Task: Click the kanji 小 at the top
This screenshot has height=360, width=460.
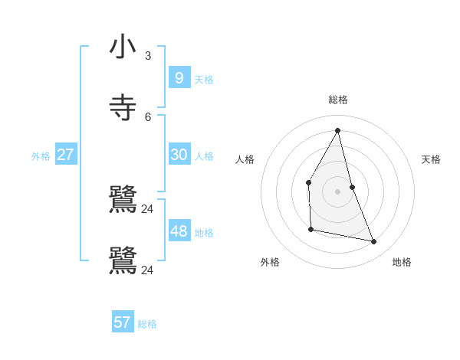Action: (123, 47)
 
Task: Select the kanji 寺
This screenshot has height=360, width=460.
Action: (123, 107)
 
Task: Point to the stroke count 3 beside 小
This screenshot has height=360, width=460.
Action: (148, 56)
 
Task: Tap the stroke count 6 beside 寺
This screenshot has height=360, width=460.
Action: (148, 116)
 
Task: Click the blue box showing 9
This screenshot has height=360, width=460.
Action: (179, 77)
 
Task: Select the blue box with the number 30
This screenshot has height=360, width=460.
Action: (179, 155)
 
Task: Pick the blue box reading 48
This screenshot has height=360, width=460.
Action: (179, 231)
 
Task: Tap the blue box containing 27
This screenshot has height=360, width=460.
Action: (66, 155)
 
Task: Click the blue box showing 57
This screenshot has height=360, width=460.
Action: (123, 322)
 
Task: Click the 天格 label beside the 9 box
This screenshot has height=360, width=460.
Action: (204, 80)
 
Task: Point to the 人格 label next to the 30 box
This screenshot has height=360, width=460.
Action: (204, 156)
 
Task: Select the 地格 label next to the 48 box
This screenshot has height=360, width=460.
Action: (204, 233)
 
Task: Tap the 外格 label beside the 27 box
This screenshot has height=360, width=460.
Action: (41, 156)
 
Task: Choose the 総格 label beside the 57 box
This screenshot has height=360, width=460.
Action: (147, 324)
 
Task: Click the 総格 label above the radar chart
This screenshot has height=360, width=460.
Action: (338, 100)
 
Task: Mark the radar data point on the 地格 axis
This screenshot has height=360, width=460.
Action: (374, 241)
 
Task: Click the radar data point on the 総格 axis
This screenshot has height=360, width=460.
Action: (338, 130)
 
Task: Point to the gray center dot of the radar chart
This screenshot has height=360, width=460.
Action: (338, 191)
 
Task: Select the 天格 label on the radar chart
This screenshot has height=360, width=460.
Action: (431, 159)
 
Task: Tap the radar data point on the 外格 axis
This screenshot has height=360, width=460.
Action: (311, 229)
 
